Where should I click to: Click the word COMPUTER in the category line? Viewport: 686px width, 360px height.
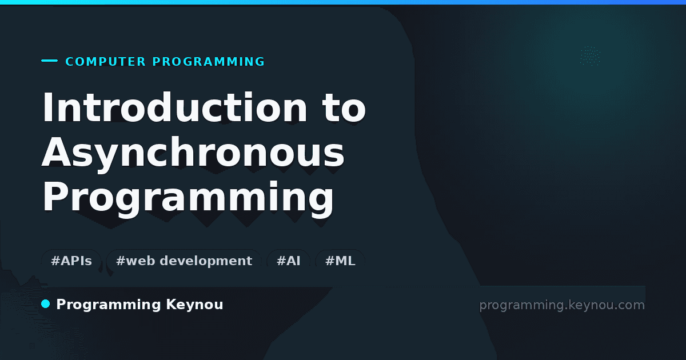[x=105, y=62]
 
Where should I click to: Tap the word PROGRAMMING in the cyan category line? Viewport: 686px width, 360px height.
[x=208, y=62]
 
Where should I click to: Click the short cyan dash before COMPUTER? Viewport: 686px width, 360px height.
[x=49, y=61]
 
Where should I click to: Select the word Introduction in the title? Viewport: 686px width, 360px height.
[x=174, y=107]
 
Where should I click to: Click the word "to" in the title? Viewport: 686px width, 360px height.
[x=344, y=107]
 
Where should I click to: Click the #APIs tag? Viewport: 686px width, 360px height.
[x=71, y=261]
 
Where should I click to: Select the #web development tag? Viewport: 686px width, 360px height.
[x=184, y=261]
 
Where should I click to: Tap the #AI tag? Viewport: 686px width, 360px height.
[x=289, y=261]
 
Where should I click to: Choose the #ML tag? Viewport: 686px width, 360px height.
[x=340, y=261]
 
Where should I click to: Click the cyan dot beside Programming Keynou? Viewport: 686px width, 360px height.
[x=46, y=304]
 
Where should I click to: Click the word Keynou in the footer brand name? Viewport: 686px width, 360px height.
[x=194, y=305]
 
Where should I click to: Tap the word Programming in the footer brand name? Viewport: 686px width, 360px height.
[x=109, y=305]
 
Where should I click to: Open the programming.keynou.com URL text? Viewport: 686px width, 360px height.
[x=562, y=305]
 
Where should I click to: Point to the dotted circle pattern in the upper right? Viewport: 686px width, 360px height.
[x=590, y=56]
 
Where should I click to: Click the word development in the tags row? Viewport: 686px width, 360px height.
[x=206, y=261]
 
